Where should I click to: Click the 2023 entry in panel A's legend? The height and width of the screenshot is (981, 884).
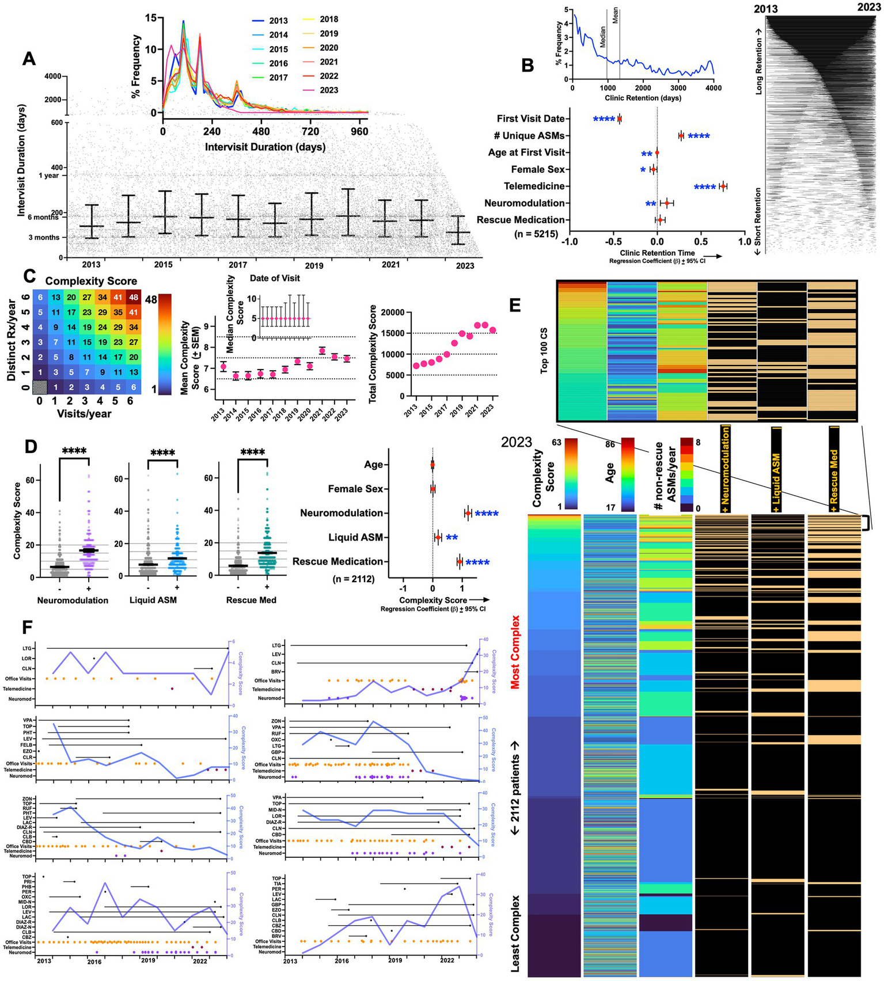329,90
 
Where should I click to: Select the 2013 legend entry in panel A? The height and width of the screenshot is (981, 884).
278,21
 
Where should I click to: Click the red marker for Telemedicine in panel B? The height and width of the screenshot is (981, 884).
723,186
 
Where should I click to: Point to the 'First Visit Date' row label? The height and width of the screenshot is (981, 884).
530,119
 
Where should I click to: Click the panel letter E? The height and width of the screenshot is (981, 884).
514,305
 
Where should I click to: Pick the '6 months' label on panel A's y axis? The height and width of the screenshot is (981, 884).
43,217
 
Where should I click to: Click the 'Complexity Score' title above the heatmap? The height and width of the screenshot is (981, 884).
91,282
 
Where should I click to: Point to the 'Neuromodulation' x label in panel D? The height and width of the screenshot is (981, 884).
73,600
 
